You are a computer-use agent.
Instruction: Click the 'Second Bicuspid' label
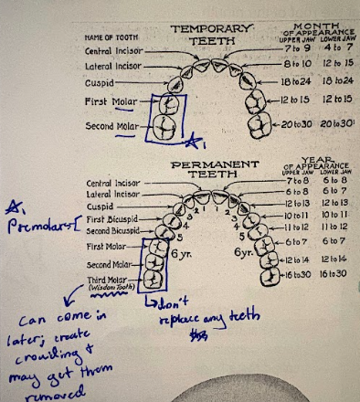click(112, 232)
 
